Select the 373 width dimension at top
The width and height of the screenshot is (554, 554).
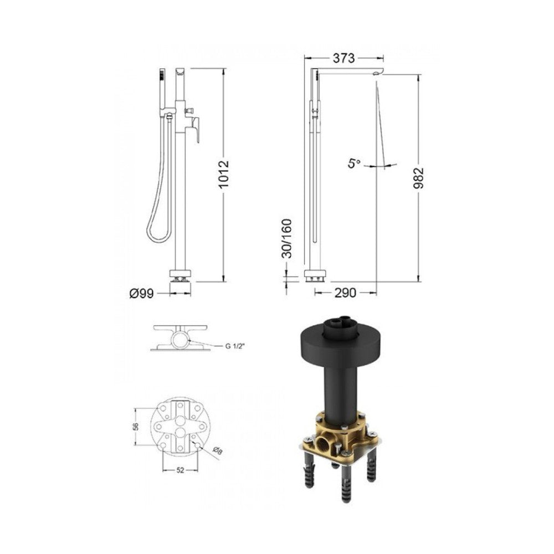click(x=343, y=58)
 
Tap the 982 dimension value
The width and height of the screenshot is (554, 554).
click(x=418, y=178)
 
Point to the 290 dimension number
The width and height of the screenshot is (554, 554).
click(x=345, y=293)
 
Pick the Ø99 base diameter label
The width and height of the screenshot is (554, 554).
click(x=142, y=294)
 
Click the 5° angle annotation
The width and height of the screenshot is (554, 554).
click(x=355, y=163)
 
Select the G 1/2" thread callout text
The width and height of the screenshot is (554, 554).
click(x=235, y=346)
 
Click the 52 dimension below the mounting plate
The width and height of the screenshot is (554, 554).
click(x=180, y=470)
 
